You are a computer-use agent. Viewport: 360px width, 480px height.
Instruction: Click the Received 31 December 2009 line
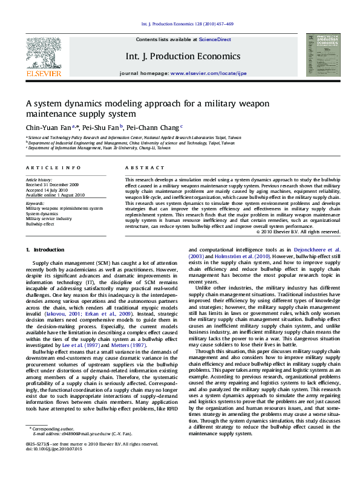coord(52,184)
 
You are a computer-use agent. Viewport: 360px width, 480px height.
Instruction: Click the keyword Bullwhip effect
coord(39,223)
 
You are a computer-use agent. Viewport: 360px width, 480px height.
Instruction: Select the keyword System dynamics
coord(41,213)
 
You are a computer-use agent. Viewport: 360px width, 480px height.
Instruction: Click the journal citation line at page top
coord(187,24)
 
